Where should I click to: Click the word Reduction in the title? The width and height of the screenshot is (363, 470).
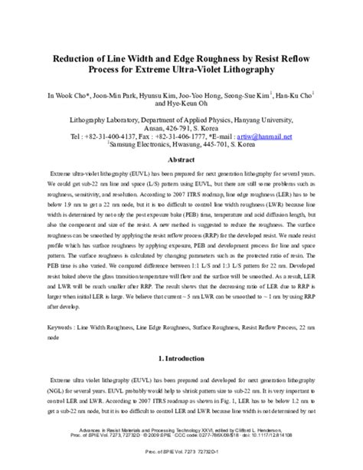coord(80,57)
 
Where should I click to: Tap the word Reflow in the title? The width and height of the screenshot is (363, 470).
coord(291,57)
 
